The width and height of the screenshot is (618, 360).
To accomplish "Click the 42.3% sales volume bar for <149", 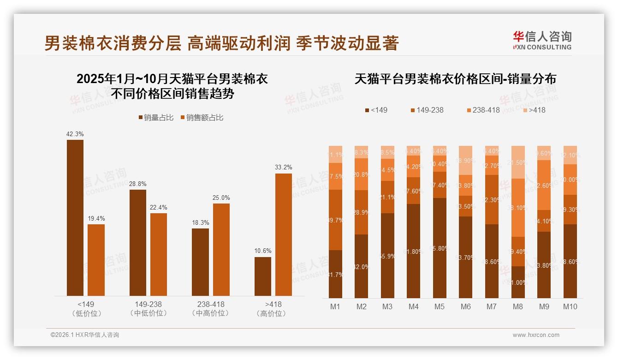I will [75, 217].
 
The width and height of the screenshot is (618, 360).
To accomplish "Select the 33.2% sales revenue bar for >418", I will [284, 234].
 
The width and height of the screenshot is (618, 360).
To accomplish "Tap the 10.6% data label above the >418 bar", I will [263, 251].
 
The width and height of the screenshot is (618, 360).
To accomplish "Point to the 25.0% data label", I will [221, 198].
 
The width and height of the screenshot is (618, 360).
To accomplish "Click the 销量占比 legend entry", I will [156, 118].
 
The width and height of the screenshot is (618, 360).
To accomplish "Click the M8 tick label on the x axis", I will [518, 306].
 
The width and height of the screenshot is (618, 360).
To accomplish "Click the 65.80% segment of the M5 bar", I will [440, 248].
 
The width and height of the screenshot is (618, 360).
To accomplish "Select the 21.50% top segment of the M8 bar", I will [518, 162].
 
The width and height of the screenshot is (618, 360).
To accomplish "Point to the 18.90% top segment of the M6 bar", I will [466, 160].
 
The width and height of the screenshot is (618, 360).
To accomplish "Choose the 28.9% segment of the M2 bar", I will [362, 212].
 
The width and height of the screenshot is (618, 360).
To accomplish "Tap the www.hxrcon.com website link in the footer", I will [536, 335].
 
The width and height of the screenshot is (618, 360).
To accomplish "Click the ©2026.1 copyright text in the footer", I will [85, 335].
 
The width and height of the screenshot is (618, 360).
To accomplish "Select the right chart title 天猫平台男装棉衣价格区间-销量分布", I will [455, 79].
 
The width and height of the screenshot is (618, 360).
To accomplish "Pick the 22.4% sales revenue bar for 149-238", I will [159, 254].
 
